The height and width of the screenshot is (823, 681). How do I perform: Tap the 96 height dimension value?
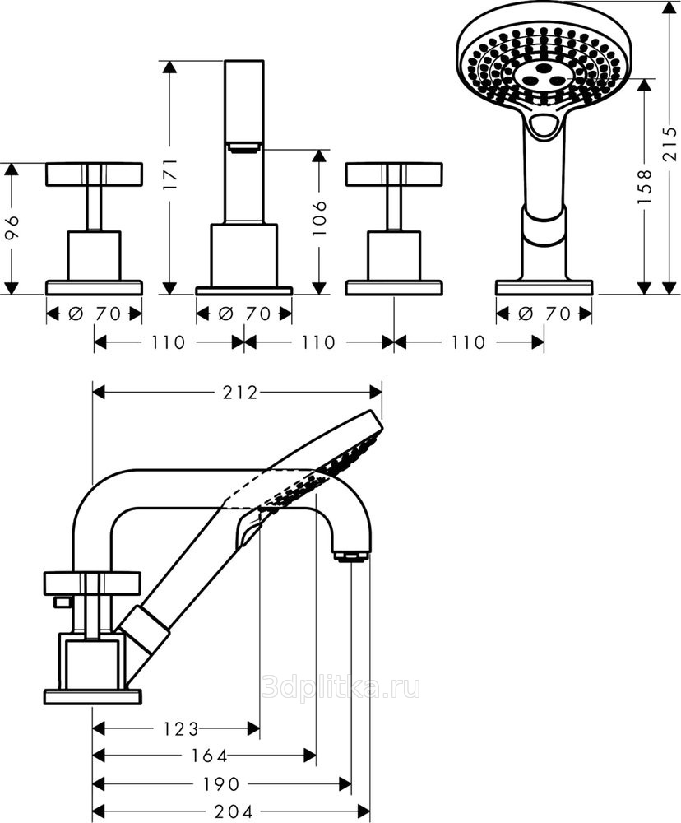pyautogui.click(x=12, y=227)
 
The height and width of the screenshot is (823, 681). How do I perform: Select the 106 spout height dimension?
pyautogui.click(x=320, y=217)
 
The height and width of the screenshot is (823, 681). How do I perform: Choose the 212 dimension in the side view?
pyautogui.click(x=240, y=393)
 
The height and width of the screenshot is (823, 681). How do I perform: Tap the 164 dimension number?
pyautogui.click(x=210, y=756)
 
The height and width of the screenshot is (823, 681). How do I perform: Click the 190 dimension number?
pyautogui.click(x=221, y=784)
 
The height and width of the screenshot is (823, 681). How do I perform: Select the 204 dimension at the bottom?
pyautogui.click(x=235, y=811)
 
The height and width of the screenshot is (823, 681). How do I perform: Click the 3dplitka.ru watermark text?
pyautogui.click(x=340, y=687)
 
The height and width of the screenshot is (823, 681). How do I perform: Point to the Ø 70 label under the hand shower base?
pyautogui.click(x=544, y=314)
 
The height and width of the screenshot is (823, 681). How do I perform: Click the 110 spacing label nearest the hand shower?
pyautogui.click(x=468, y=342)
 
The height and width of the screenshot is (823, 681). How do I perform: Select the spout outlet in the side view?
pyautogui.click(x=351, y=556)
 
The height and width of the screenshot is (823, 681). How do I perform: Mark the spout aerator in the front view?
pyautogui.click(x=244, y=147)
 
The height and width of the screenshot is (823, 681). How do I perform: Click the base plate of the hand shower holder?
pyautogui.click(x=544, y=287)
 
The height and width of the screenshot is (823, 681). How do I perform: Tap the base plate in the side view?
pyautogui.click(x=92, y=697)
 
